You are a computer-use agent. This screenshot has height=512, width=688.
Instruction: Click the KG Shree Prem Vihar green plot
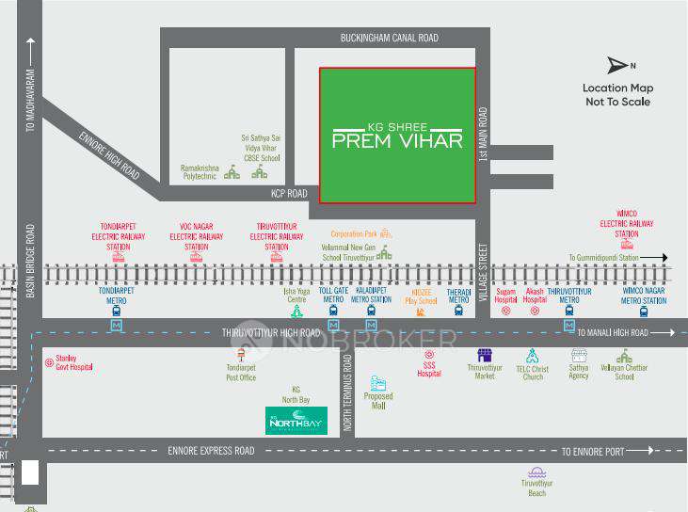397,135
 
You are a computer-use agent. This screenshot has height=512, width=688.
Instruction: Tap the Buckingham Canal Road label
389,38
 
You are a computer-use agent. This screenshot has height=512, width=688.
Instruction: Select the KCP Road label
289,193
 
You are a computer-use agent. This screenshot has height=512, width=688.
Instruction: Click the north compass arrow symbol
617,65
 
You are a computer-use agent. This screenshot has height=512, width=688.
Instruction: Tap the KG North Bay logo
296,421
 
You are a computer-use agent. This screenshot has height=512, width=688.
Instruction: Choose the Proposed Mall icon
378,384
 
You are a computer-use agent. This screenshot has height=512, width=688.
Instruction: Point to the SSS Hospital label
429,369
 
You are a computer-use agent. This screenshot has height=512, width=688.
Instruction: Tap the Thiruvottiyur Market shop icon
485,356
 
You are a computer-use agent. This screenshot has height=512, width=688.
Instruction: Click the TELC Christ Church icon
532,356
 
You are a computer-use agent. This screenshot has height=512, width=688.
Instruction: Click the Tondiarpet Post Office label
241,373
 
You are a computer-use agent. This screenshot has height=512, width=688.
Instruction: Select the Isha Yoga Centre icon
296,310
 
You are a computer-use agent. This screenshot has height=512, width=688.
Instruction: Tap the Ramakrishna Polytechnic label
199,172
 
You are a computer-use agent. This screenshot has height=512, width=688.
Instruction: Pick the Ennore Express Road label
211,451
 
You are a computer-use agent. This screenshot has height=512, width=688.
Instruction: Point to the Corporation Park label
353,232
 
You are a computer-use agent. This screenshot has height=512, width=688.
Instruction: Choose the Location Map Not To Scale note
617,94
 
